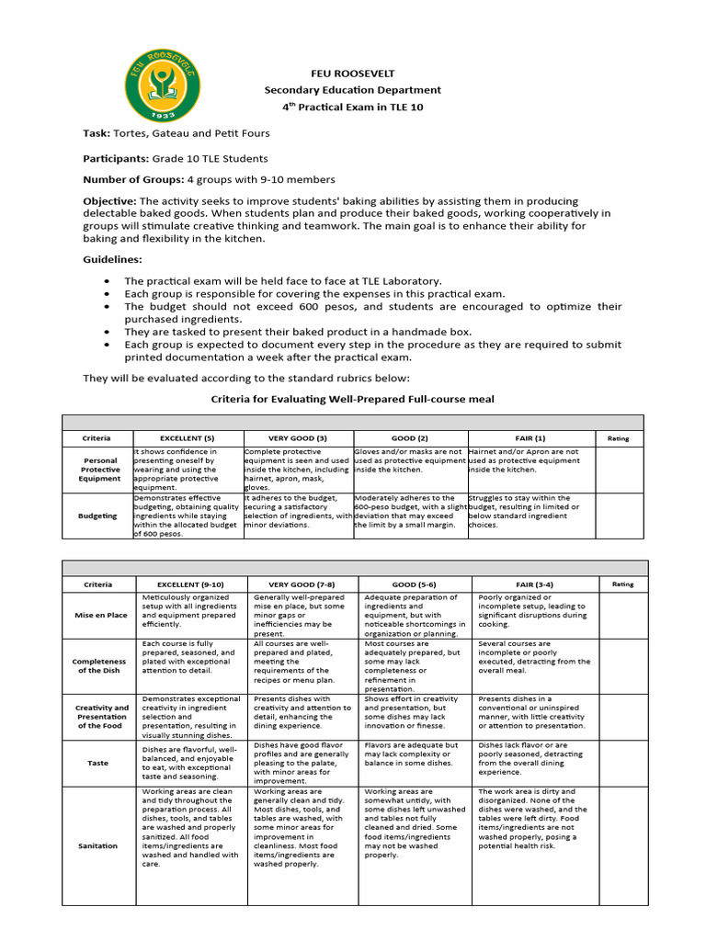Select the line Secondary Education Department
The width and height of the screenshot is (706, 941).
tap(353, 90)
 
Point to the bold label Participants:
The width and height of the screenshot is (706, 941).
tap(115, 158)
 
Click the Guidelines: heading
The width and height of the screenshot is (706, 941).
tap(112, 260)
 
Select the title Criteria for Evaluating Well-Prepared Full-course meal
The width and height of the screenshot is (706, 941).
tap(353, 399)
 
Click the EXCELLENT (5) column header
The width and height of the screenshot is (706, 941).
tap(188, 438)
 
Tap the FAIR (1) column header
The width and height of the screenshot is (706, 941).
tap(531, 438)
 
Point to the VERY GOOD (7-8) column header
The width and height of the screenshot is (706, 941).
tap(302, 584)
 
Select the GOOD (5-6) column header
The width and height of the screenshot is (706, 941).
tap(415, 584)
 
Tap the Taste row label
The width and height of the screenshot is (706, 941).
tap(98, 763)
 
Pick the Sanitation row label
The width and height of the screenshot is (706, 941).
tap(98, 845)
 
